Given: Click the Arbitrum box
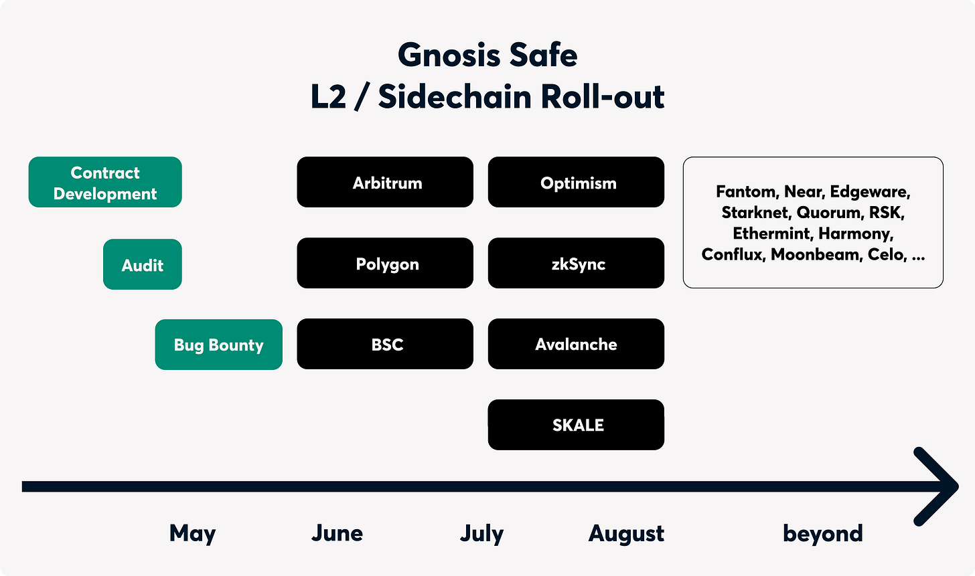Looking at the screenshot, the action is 385,182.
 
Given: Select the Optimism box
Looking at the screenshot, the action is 576,182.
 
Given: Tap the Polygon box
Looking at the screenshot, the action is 385,263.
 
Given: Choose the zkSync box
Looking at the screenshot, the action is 576,263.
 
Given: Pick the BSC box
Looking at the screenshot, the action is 385,344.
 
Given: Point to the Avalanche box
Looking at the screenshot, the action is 576,344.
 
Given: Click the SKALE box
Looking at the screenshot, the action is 576,425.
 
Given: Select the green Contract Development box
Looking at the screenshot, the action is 105,182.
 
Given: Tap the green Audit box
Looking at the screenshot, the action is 143,264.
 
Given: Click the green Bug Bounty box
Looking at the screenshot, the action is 218,345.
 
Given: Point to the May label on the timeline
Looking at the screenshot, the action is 192,533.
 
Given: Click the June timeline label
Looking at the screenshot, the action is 337,533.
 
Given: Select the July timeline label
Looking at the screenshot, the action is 481,533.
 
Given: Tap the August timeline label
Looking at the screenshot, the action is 626,533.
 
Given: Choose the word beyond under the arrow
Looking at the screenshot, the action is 822,533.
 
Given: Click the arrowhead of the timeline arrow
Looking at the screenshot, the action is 954,486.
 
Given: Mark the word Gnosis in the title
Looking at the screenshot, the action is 449,56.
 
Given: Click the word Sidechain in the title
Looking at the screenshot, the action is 455,96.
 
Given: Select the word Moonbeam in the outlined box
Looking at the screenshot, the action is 816,254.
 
